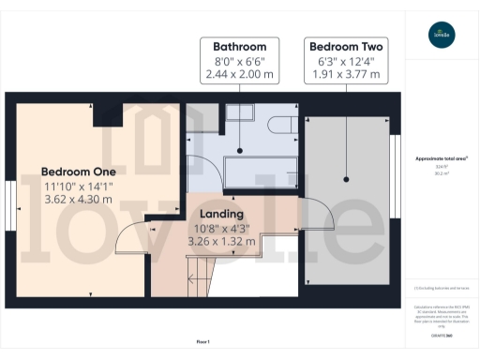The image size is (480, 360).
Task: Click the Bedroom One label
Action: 78,172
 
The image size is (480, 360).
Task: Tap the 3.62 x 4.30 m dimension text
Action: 78,202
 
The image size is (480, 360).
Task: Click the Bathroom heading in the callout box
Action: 239,46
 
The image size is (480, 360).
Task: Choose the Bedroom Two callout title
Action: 347,46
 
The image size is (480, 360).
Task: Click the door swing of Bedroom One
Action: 130,251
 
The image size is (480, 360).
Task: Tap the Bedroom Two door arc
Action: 321,219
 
